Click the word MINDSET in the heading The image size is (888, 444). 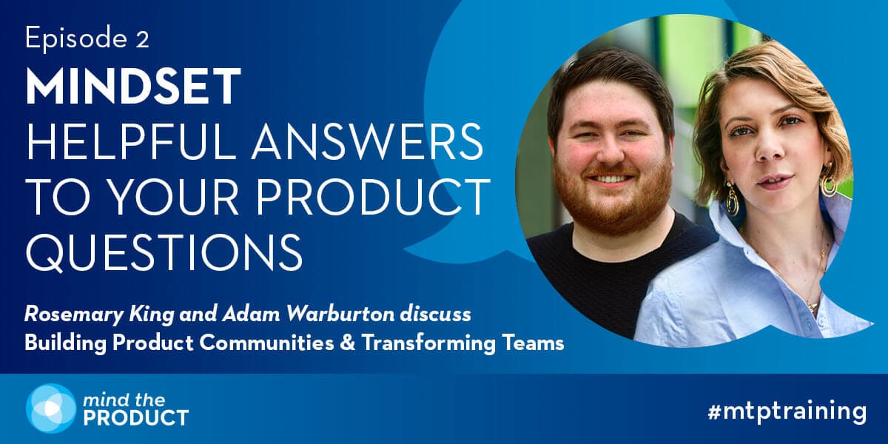[x=133, y=86]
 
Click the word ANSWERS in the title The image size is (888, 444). [x=368, y=142]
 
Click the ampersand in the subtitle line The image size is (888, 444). [x=347, y=343]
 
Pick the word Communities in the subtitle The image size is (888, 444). [x=266, y=343]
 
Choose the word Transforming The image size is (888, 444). [x=428, y=343]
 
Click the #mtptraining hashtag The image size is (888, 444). [x=787, y=412]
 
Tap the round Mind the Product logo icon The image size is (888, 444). [x=51, y=408]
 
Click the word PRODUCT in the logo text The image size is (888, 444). [x=136, y=418]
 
